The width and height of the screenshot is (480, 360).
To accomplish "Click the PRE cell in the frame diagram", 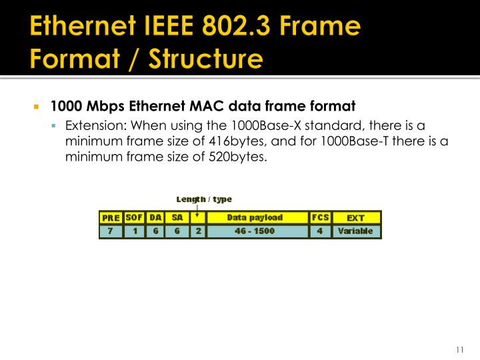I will pos(111,218).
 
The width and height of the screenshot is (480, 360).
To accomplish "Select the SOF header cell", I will pos(134,217).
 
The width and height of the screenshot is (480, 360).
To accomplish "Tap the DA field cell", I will pos(155,217).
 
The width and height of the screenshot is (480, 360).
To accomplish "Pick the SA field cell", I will pos(177,217).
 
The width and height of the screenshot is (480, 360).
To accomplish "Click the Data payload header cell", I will pos(255,217).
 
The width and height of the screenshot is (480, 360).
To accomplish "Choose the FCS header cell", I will pos(320,217).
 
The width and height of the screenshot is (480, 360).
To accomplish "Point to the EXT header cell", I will pos(355,218).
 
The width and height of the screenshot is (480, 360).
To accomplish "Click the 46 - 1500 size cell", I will pos(255,231).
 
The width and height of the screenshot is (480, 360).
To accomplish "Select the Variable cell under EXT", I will pos(355,231).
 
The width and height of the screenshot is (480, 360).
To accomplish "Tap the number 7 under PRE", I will pos(111,231).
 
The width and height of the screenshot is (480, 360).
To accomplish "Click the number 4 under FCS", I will pos(320,231).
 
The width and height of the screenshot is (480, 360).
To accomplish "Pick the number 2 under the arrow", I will pos(197,231).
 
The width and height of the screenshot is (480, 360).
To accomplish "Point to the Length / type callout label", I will pos(204,199).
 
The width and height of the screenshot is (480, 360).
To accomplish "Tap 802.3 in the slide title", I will pos(240,29).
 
